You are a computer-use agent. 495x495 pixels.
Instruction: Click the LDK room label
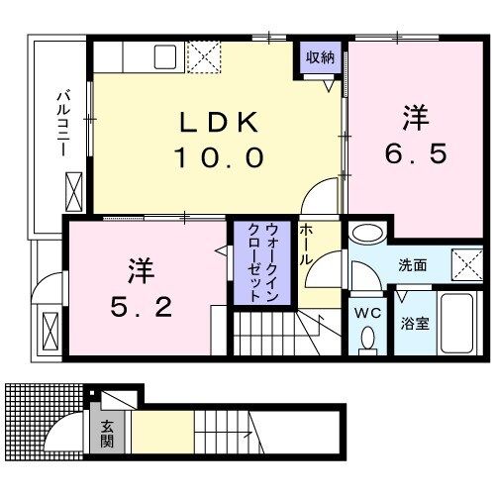pyautogui.click(x=219, y=123)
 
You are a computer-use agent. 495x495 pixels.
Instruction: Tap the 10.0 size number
pyautogui.click(x=219, y=156)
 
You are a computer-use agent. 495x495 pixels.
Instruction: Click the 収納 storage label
pyautogui.click(x=320, y=57)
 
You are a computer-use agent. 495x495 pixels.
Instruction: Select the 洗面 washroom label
pyautogui.click(x=413, y=265)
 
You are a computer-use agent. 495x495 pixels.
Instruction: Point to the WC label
pyautogui.click(x=367, y=314)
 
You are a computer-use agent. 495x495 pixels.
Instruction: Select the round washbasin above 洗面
pyautogui.click(x=367, y=236)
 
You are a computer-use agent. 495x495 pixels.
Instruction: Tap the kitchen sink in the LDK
pyautogui.click(x=163, y=56)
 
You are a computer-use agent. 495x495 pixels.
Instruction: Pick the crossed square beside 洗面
pyautogui.click(x=465, y=264)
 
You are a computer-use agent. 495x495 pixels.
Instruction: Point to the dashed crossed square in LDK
pyautogui.click(x=206, y=57)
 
